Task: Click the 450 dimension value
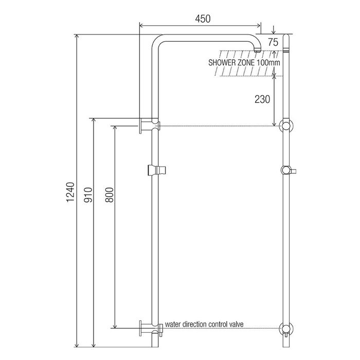click(203, 19)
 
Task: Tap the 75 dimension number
click(273, 42)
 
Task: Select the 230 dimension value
click(262, 99)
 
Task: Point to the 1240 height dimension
click(70, 192)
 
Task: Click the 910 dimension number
click(88, 195)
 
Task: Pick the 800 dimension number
click(109, 195)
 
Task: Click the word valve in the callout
click(236, 324)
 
